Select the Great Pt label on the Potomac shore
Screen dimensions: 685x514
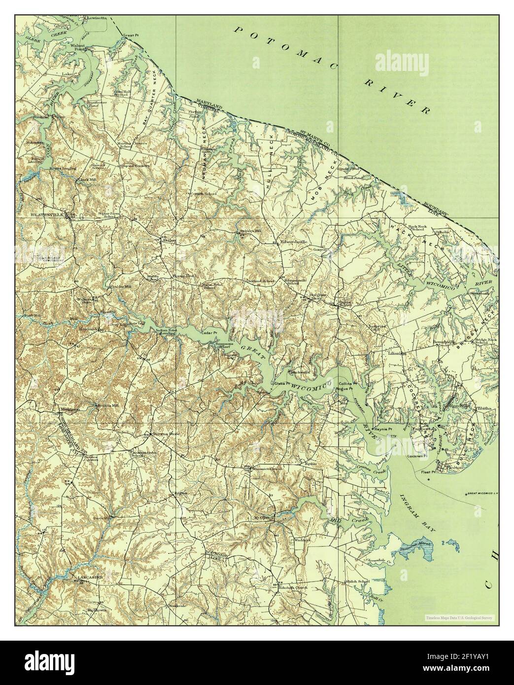(x=129, y=35)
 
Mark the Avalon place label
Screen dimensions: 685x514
(x=169, y=240)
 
